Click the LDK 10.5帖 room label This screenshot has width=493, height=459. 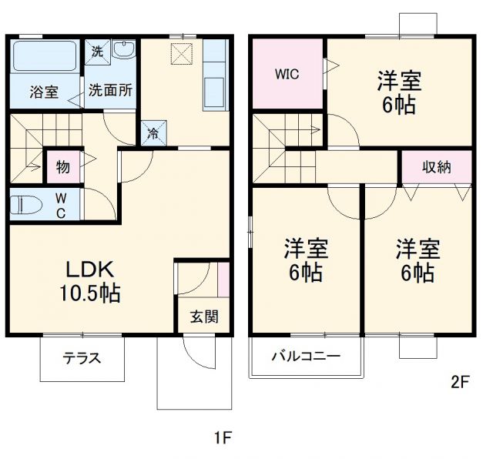[91, 281]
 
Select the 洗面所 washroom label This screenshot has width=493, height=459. [109, 89]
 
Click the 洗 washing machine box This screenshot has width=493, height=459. [97, 52]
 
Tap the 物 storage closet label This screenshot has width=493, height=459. [63, 166]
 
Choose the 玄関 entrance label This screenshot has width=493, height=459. [204, 317]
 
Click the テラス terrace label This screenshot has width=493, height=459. [82, 359]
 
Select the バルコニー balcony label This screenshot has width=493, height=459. [305, 357]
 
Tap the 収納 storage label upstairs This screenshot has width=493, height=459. [436, 166]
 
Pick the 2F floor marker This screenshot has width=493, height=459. [460, 380]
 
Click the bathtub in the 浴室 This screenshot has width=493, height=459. [45, 57]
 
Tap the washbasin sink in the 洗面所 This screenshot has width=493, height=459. [122, 51]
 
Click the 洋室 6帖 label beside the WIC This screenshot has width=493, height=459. [398, 92]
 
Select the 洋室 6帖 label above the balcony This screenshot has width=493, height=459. [306, 260]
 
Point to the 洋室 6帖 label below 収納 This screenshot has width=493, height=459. [418, 260]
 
